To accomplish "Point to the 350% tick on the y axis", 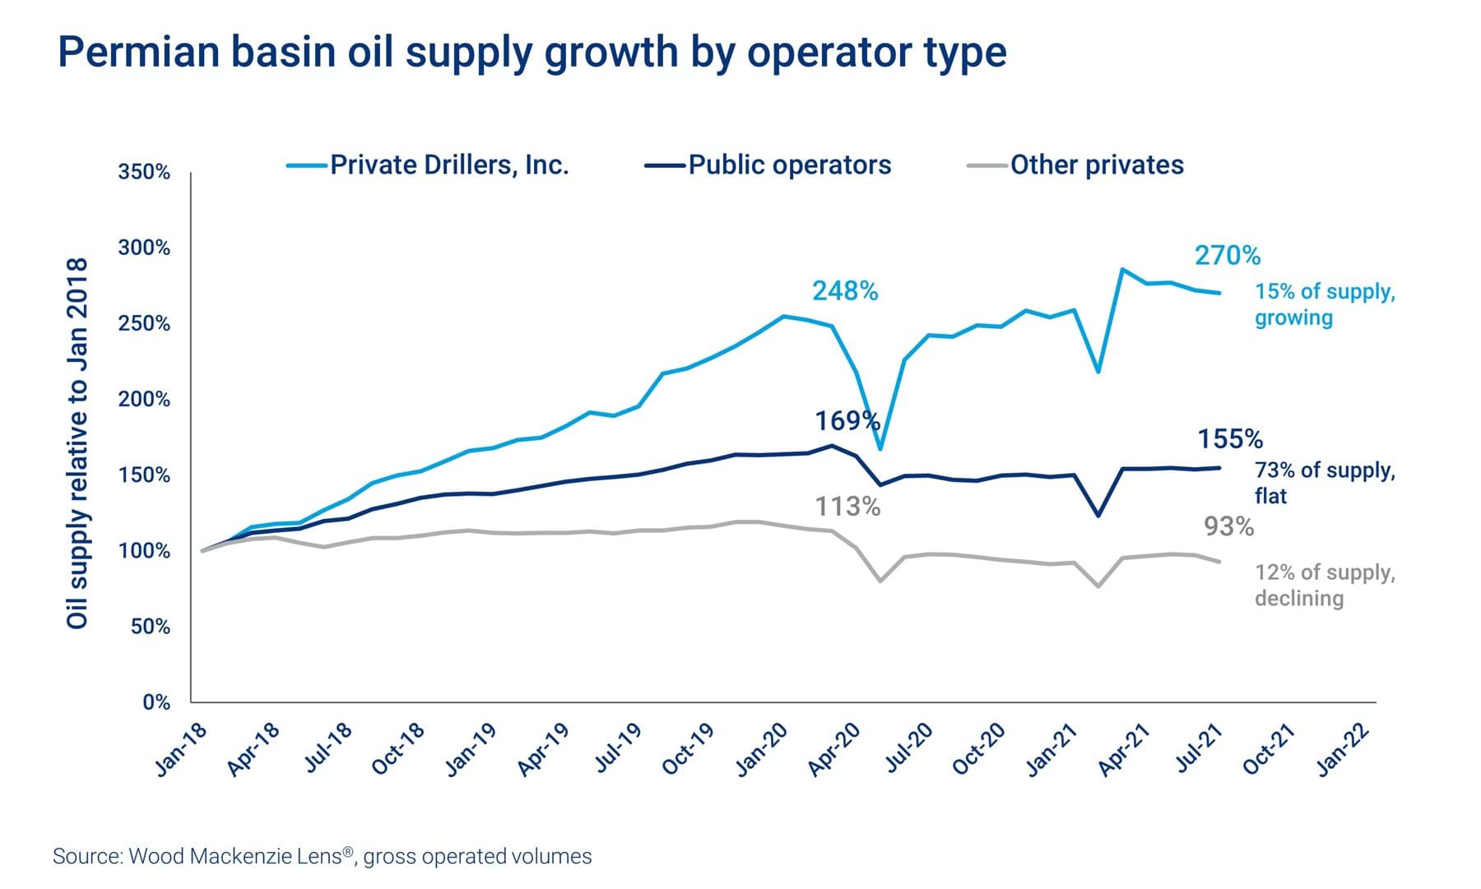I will pos(144,173).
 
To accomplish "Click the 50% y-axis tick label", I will pos(150,627).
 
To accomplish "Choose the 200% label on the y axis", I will pos(144,400).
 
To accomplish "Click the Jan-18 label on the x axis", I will pos(182,749).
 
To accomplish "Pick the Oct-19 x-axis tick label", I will pos(688,749).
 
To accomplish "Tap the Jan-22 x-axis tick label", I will pos(1343,749).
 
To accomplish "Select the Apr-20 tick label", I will pos(833,749).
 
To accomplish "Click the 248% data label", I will pos(845,291).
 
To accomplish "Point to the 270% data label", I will pos(1227,256).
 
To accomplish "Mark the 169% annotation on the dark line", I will pos(847,421).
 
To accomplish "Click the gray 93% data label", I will pos(1228,527).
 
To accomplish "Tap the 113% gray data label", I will pos(847,507).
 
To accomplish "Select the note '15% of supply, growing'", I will pos(1324,304).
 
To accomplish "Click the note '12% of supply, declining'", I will pos(1324,585).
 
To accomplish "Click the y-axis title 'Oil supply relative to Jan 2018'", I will pos(77,444).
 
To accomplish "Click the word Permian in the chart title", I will pos(138,52).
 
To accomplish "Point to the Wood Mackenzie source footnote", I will pos(322,856).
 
